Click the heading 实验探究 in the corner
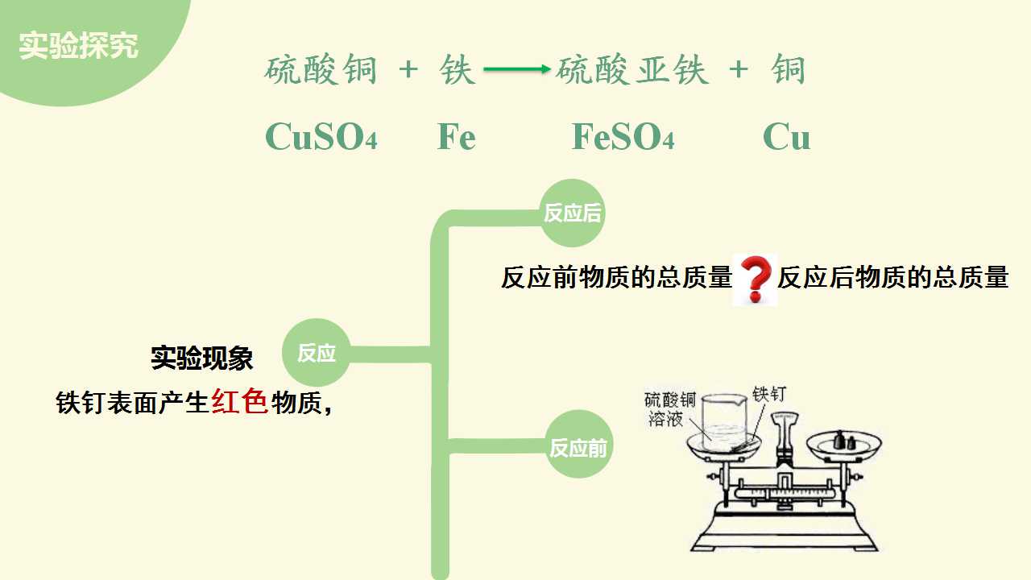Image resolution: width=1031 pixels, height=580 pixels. pos(78,45)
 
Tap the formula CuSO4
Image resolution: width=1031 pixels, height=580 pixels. pos(321,137)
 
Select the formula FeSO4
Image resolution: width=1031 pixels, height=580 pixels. pos(623,137)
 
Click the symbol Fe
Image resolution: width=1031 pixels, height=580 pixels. pos(456,137)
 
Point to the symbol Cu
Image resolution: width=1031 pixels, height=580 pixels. pos(786,137)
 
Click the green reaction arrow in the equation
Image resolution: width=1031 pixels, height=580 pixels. pos(517,69)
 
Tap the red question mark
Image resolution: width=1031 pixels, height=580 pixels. pos(756,279)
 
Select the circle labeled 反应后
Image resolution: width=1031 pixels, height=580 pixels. pos(572,213)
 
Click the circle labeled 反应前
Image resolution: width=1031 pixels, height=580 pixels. pos(578,444)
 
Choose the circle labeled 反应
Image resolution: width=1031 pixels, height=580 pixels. pos(317,353)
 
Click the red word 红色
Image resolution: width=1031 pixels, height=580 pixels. pos(240,401)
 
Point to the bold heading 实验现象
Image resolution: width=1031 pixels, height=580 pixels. pos(201,358)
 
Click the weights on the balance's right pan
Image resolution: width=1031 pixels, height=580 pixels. pos(844,441)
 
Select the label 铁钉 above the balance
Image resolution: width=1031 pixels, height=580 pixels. pos(769,394)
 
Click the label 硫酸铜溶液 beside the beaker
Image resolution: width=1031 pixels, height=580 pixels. pos(669,409)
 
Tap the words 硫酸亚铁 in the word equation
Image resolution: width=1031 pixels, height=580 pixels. pos(632,69)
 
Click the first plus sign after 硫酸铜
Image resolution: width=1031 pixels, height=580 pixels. pos(408,70)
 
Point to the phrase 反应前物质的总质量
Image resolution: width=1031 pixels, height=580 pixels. pos(616,278)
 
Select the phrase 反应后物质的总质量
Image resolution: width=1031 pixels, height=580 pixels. pos(893,278)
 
